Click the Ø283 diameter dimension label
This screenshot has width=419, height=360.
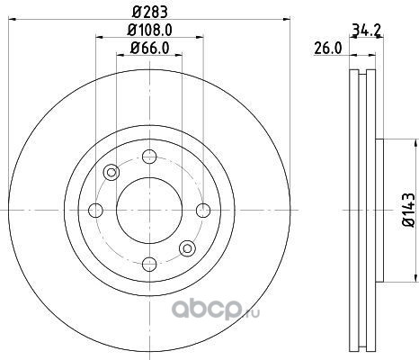(x=149, y=12)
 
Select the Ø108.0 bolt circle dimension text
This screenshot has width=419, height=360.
(x=149, y=30)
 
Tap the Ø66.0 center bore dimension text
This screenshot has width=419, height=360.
(x=149, y=48)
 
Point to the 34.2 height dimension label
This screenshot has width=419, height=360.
(x=366, y=30)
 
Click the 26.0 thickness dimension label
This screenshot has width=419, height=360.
(x=328, y=49)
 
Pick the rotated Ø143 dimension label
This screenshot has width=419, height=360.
(x=409, y=210)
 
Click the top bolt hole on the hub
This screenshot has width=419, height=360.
(x=149, y=157)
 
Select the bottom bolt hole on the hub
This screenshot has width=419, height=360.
(x=149, y=264)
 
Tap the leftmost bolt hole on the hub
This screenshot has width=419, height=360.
(x=95, y=211)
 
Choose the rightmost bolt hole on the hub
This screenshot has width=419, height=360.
(x=203, y=211)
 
